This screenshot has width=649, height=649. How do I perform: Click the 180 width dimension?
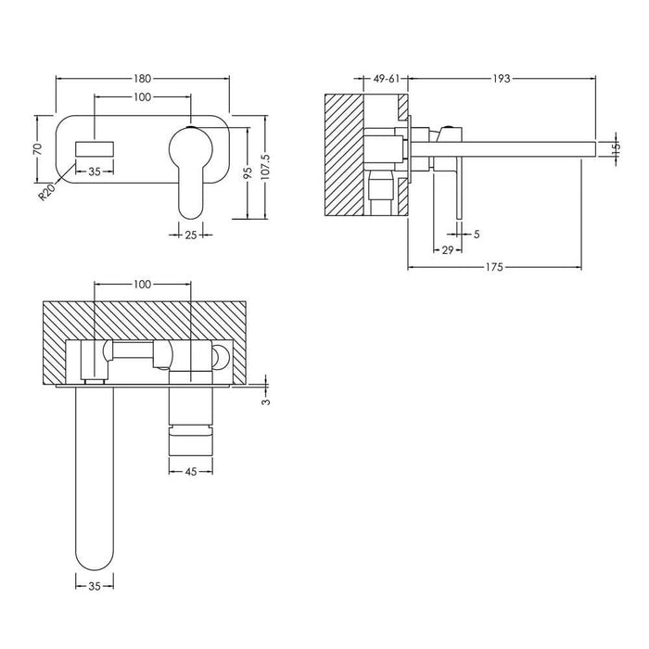pos(142,80)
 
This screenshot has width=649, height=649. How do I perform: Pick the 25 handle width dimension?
pos(190,235)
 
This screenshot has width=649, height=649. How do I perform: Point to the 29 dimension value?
pos(446,251)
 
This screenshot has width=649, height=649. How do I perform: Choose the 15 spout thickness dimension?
pos(615,146)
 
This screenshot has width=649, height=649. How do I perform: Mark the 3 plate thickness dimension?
pos(267,401)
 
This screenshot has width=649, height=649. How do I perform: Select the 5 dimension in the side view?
pos(477,235)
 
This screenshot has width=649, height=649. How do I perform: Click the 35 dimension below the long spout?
pos(94,587)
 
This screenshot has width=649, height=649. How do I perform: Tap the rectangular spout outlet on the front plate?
pos(95,147)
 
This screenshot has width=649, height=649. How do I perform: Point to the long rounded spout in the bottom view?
pos(94,482)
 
